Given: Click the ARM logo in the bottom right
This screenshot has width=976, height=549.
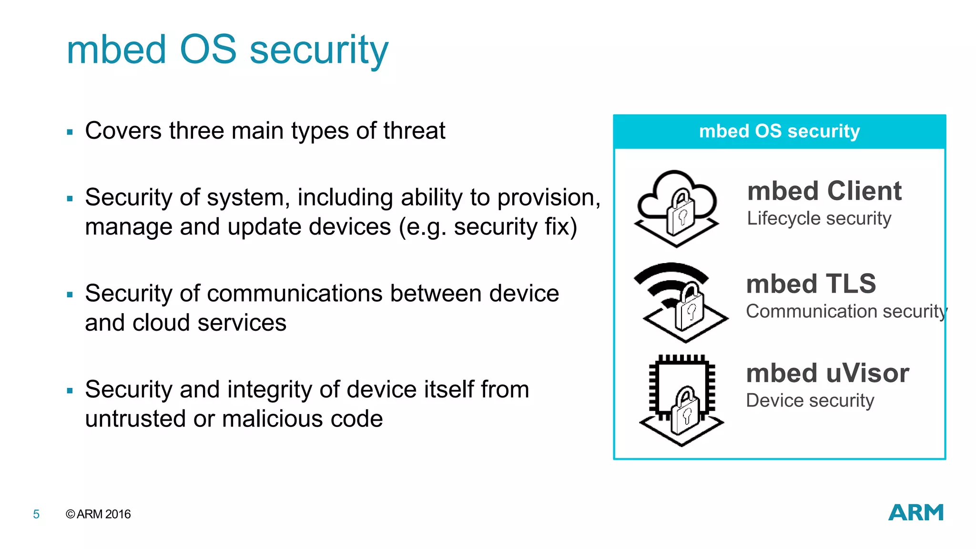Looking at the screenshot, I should (x=915, y=513).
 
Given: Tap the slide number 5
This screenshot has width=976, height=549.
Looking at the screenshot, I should (x=36, y=514).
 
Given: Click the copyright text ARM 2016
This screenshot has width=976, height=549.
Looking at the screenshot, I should (x=98, y=514).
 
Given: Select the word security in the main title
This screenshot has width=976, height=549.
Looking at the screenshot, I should (x=319, y=50).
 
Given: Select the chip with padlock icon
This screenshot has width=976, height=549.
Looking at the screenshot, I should (x=681, y=399).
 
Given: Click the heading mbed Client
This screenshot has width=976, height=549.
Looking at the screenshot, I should (x=824, y=191).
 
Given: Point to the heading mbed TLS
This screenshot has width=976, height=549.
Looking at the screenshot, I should (x=811, y=284).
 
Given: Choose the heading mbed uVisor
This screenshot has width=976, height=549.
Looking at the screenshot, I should (x=827, y=373).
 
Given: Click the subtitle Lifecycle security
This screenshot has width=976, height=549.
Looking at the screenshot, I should (x=819, y=218).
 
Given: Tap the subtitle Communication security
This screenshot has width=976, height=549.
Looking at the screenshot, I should (x=846, y=311).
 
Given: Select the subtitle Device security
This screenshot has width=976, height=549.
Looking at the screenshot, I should (x=810, y=400).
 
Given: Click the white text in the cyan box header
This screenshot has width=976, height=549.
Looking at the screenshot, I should (x=779, y=131).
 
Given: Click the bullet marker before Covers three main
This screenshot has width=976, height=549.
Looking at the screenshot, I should (x=70, y=132).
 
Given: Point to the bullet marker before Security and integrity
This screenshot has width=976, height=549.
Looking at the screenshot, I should (x=70, y=391).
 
